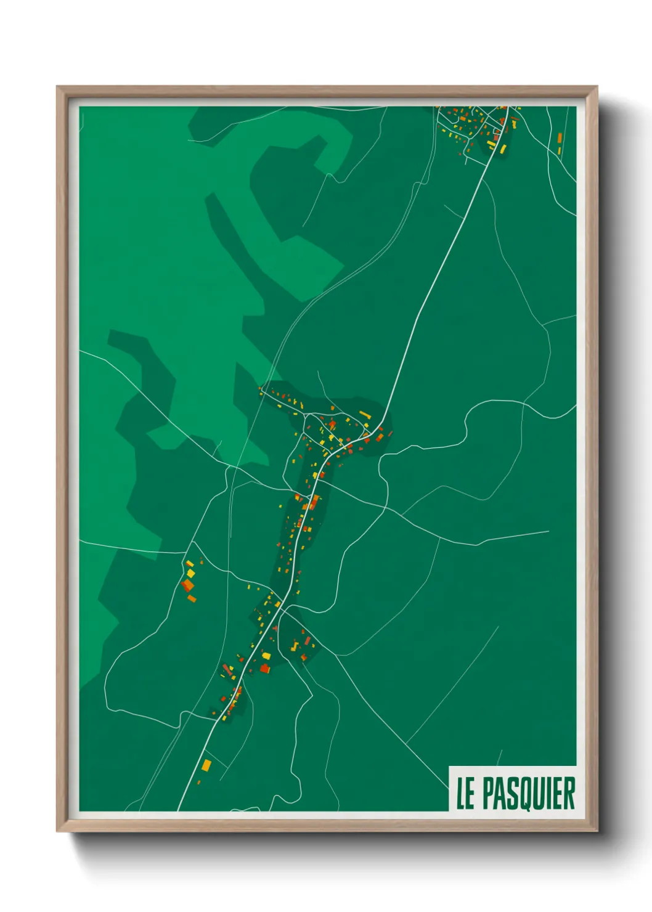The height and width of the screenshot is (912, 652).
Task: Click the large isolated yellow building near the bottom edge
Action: coord(206,765)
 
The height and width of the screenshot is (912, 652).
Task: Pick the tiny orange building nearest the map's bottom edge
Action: coord(198,783)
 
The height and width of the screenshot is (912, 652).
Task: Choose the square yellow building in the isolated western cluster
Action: coord(191,573)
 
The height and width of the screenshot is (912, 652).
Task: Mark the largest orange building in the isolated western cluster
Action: coord(187,584)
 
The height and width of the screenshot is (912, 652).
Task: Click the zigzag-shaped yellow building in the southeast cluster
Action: coord(295,646)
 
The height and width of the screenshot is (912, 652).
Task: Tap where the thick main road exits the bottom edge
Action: coord(179,809)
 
